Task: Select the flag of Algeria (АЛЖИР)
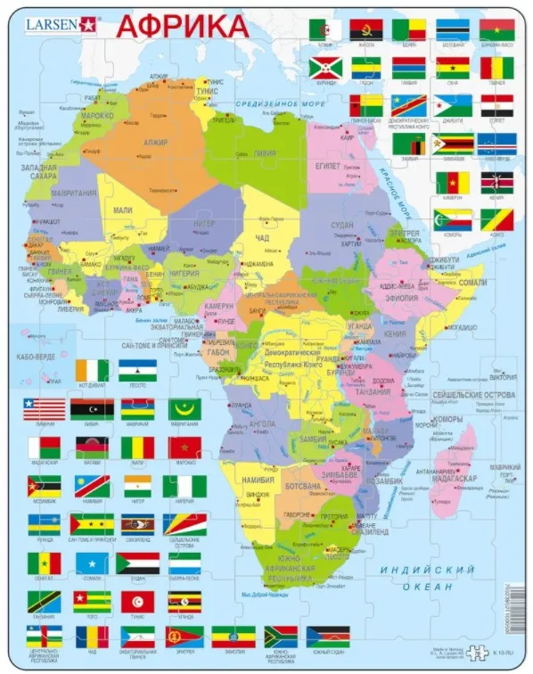(x=324, y=29)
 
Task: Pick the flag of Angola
(x=366, y=29)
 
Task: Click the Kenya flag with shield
(x=496, y=182)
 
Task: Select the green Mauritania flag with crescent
(x=184, y=408)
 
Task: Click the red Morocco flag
(x=184, y=447)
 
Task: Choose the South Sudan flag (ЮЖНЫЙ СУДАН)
(x=328, y=637)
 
